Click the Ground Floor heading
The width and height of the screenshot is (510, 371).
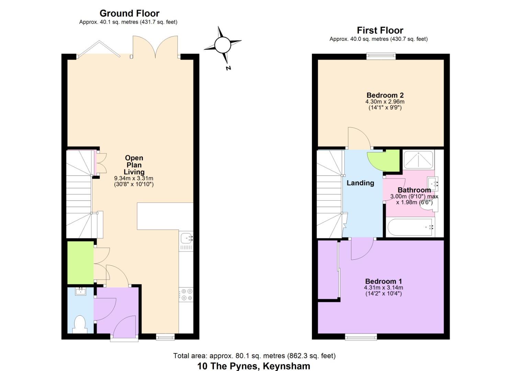point(129,13)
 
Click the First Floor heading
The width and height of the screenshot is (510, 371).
point(380,30)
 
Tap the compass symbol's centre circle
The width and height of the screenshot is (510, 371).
point(223,45)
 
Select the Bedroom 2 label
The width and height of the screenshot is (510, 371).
point(385,95)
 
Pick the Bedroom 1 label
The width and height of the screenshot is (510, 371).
point(383,281)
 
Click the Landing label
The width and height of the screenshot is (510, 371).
point(360,183)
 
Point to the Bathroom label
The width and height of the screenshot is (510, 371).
point(414,190)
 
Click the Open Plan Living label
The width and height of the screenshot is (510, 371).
point(134,165)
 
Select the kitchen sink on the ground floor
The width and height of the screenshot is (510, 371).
point(186,237)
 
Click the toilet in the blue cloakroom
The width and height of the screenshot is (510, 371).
point(80,324)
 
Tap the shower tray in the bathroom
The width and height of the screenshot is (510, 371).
point(418,159)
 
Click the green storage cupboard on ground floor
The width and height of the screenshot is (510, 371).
point(80,262)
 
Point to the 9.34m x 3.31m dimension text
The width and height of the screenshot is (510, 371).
point(134,178)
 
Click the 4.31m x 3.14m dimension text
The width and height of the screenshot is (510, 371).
point(383,288)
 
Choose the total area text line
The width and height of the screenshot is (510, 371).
point(254,356)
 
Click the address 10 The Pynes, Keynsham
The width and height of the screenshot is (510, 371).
point(253,366)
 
